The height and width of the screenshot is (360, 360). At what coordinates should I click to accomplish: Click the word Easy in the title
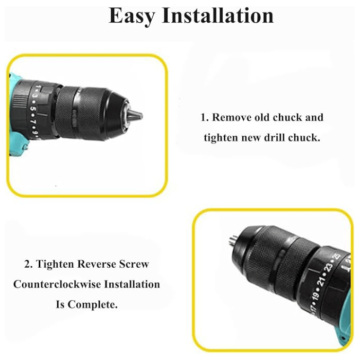pyautogui.click(x=131, y=16)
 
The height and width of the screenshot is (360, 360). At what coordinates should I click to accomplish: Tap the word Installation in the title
pyautogui.click(x=218, y=15)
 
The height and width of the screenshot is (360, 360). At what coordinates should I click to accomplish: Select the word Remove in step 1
pyautogui.click(x=232, y=117)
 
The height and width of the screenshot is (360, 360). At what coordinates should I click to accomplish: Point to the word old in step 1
pyautogui.click(x=262, y=117)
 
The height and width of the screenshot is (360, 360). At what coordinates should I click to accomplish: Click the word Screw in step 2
pyautogui.click(x=134, y=264)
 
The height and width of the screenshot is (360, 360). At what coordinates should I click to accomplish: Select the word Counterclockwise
pyautogui.click(x=57, y=284)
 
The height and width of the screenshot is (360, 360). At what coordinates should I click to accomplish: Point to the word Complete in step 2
pyautogui.click(x=92, y=305)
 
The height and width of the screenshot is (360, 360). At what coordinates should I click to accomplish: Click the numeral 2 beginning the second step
pyautogui.click(x=27, y=264)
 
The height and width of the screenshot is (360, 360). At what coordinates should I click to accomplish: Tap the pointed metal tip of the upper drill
pyautogui.click(x=135, y=115)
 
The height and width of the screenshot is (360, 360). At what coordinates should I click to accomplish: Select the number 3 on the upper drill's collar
pyautogui.click(x=34, y=96)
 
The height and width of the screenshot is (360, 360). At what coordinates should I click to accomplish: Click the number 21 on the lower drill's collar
pyautogui.click(x=322, y=281)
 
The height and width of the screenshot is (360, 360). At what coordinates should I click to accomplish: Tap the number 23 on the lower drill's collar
pyautogui.click(x=329, y=267)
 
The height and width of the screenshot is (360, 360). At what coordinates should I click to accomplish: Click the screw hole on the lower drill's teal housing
pyautogui.click(x=343, y=338)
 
